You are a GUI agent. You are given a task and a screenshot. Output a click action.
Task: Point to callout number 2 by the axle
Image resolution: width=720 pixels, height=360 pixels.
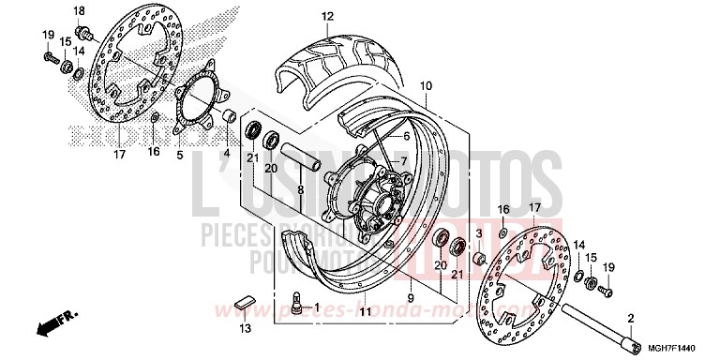[631, 318]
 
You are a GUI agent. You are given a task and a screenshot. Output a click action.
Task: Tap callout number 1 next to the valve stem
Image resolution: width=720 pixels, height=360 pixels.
[316, 307]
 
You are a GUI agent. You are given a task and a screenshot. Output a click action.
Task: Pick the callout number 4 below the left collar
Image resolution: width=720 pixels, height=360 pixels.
[226, 154]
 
